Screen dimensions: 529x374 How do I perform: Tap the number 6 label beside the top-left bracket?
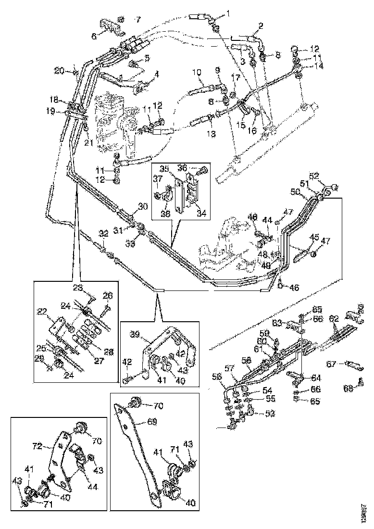point(94,36)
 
